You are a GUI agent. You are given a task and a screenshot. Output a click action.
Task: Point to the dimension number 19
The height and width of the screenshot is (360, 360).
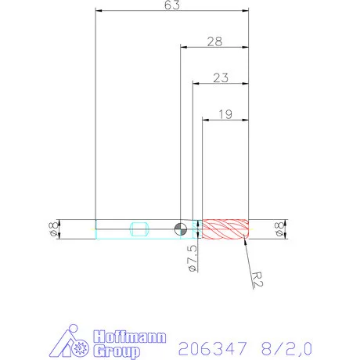(225, 113)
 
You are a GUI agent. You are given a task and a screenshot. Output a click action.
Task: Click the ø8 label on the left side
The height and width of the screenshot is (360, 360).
(52, 229)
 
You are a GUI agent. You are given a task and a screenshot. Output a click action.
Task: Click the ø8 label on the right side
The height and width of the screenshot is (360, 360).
(279, 229)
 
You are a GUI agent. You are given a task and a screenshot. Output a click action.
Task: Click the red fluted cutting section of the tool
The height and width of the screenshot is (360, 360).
(225, 229)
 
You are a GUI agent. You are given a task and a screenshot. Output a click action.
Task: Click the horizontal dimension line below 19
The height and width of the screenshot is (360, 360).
(225, 120)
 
